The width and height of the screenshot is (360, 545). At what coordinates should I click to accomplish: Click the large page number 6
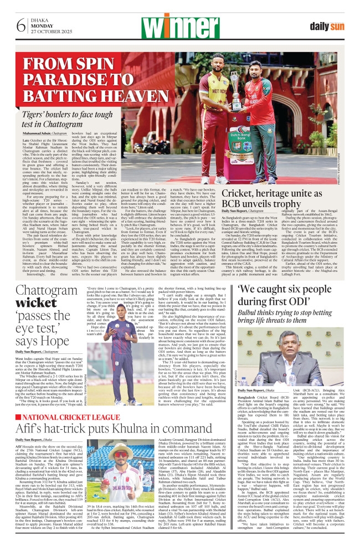click(x=22, y=26)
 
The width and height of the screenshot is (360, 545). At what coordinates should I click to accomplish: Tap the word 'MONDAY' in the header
click(x=42, y=25)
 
